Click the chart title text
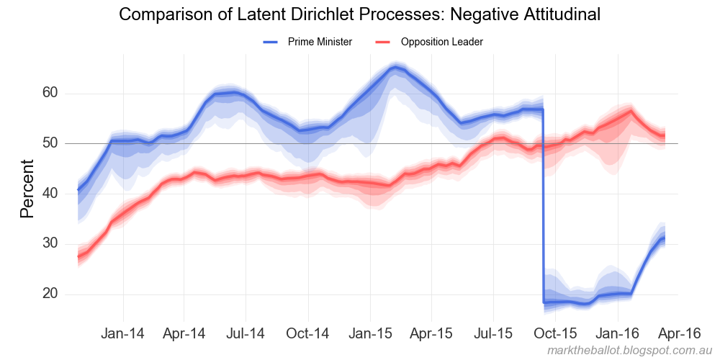point(359,14)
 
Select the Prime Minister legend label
point(320,42)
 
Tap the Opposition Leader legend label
point(441,42)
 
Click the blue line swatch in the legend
point(271,42)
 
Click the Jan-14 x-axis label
point(123,333)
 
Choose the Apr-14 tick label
point(185,333)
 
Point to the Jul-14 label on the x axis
point(246,333)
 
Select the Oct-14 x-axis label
point(308,333)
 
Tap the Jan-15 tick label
point(370,333)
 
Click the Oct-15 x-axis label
point(557,333)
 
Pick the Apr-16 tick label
point(680,333)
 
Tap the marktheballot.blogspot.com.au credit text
point(629,350)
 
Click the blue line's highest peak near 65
point(395,68)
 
